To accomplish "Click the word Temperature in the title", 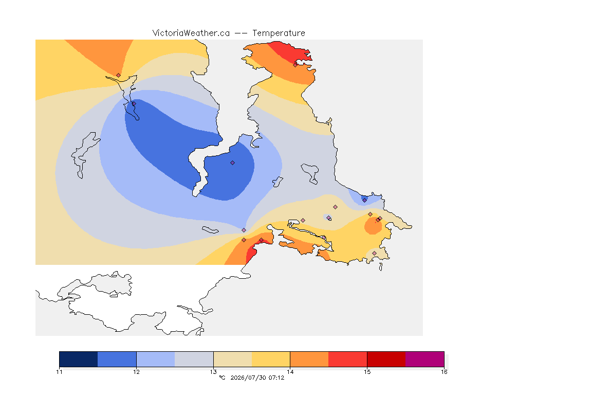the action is (x=279, y=33).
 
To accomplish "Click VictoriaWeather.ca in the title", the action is (x=191, y=33).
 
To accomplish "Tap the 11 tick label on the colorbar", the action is (x=59, y=372).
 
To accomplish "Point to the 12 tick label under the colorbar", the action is (x=136, y=372).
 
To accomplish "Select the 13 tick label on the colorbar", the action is (x=213, y=372).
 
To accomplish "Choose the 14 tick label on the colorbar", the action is (x=290, y=372).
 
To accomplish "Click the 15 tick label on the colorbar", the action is (x=367, y=372).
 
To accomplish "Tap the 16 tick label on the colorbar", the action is (x=444, y=372).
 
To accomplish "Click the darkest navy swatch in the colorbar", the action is (x=79, y=359).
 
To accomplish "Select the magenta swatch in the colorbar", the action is (x=425, y=359).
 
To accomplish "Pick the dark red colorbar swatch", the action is (x=386, y=359).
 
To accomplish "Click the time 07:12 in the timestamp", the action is (x=276, y=378).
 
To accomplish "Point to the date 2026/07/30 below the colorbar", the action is (x=248, y=378).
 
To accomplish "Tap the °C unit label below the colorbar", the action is (x=223, y=378).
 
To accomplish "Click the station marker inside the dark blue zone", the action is (x=233, y=163).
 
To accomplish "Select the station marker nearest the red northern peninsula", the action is (x=295, y=65).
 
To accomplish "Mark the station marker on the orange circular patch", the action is (x=378, y=220).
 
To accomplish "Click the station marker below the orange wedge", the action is (x=119, y=76).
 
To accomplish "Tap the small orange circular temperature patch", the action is (x=373, y=226).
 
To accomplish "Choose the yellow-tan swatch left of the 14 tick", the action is (x=271, y=359).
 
